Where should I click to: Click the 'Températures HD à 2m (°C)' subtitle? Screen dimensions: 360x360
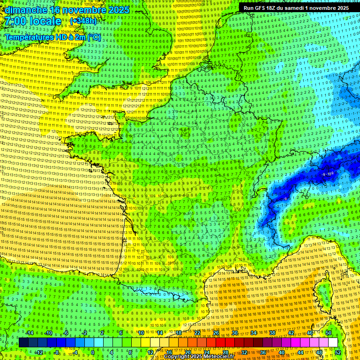(52, 37)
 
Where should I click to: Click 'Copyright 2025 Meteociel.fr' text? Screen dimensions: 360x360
(199, 357)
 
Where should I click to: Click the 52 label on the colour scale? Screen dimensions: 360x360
(337, 352)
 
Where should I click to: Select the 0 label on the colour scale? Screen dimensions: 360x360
(93, 352)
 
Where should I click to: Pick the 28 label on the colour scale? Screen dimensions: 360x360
(225, 352)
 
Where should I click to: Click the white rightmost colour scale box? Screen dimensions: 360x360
(333, 343)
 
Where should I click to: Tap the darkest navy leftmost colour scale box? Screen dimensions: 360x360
(23, 343)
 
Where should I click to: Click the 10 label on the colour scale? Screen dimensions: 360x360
(141, 333)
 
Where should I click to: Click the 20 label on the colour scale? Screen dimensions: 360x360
(187, 352)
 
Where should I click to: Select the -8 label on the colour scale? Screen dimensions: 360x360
(56, 352)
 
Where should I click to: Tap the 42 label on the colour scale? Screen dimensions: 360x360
(291, 333)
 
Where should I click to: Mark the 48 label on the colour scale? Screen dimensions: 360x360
(319, 352)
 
